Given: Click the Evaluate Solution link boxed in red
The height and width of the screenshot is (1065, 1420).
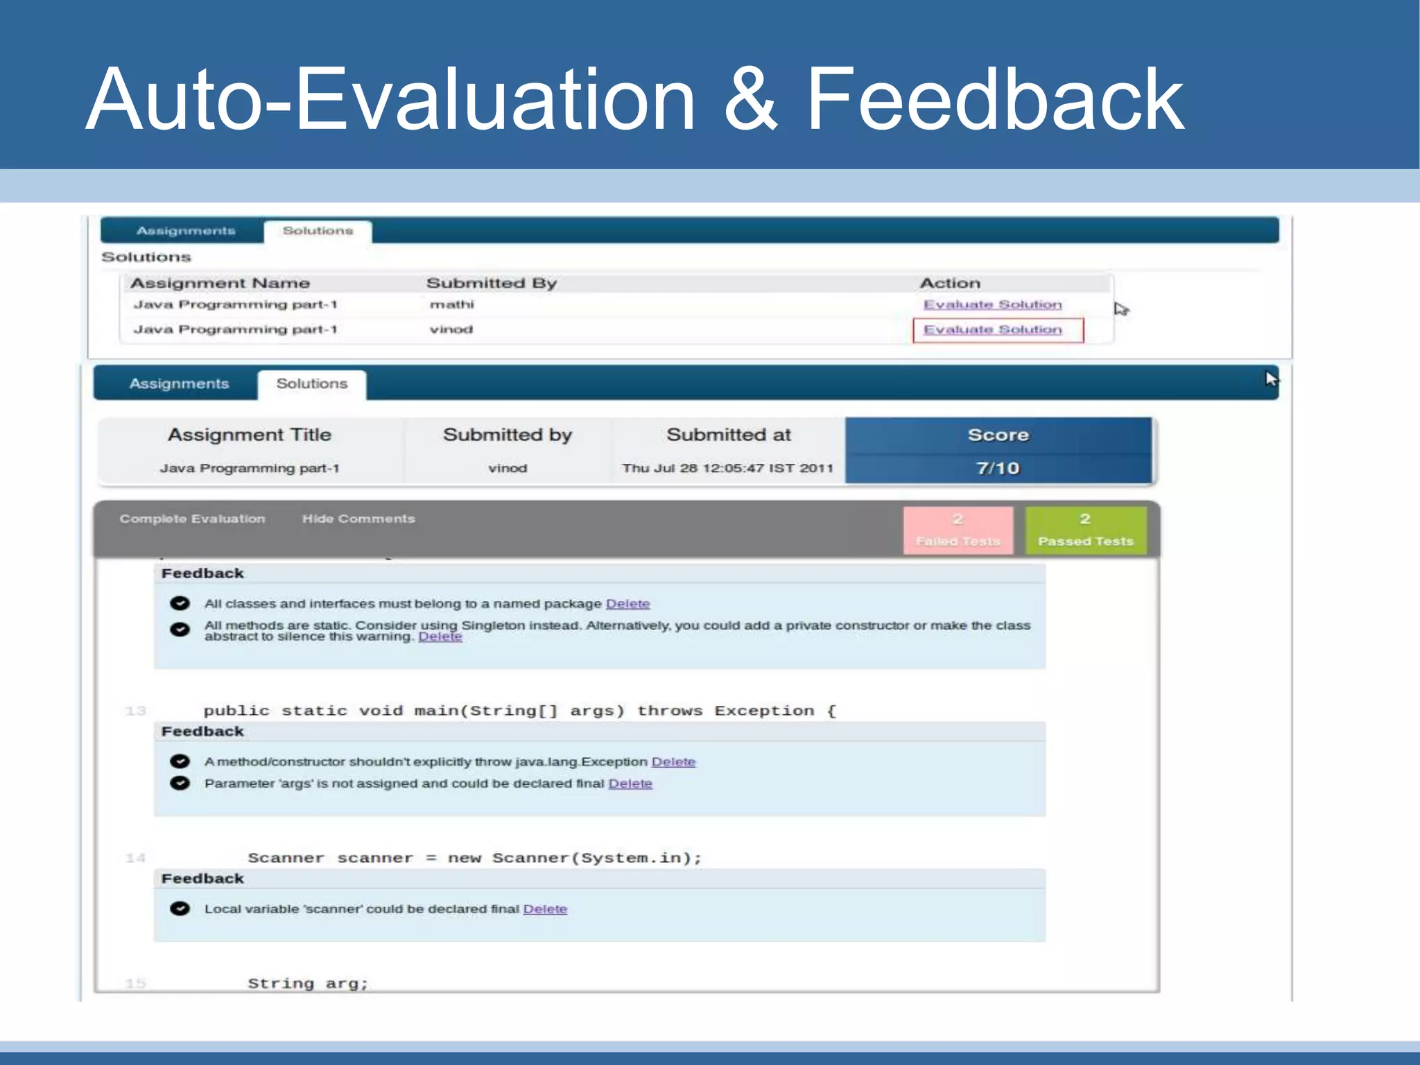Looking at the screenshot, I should (x=992, y=330).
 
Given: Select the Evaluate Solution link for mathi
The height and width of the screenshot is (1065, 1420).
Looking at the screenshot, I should (x=992, y=305).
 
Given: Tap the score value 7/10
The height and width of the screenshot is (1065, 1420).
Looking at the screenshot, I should (x=998, y=469).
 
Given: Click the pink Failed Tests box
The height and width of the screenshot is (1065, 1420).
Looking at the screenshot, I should (x=958, y=530).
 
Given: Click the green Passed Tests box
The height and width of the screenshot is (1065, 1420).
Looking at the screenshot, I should (x=1085, y=530).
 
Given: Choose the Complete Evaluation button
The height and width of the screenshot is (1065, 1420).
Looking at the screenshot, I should (x=192, y=519).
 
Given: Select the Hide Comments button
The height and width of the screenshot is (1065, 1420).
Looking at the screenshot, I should (x=358, y=519).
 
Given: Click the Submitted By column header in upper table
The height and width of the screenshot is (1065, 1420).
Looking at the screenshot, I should (x=491, y=283).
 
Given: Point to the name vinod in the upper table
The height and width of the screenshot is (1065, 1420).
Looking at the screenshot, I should (x=451, y=329).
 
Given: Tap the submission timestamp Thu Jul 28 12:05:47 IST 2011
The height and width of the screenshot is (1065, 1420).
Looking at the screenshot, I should (x=727, y=469).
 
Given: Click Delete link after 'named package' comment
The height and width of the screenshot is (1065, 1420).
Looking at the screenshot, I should (x=627, y=604).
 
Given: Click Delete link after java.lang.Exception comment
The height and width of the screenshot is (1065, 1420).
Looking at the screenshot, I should (x=673, y=762).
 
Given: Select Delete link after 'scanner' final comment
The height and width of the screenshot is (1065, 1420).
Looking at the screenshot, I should (x=545, y=909).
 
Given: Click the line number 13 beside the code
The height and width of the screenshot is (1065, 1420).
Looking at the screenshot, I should (x=136, y=711).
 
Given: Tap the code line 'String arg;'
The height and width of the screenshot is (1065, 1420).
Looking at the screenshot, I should (x=308, y=983).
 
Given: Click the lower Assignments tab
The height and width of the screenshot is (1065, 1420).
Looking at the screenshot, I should (x=179, y=383).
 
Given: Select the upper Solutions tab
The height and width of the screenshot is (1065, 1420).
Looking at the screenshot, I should (x=318, y=231).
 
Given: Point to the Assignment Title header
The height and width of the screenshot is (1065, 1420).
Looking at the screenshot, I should (x=250, y=435).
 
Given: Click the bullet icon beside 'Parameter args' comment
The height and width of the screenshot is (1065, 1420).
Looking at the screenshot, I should (x=180, y=783).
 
